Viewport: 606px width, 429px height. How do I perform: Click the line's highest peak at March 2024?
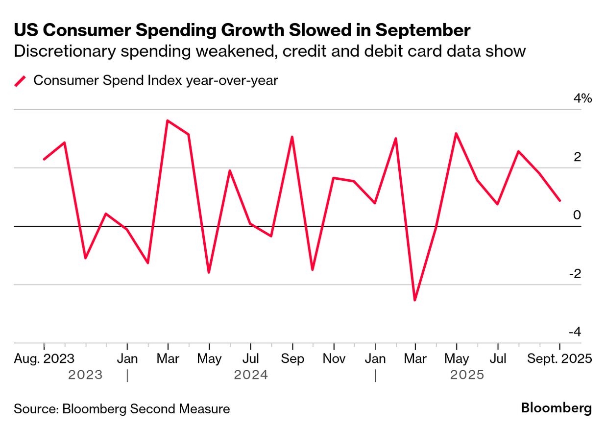(x=168, y=120)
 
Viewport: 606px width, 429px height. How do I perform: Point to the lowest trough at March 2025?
(x=415, y=300)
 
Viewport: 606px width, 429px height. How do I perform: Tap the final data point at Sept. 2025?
(x=559, y=200)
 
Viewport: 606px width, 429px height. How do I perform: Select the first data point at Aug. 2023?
(x=44, y=159)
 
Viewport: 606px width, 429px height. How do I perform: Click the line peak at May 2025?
(x=456, y=133)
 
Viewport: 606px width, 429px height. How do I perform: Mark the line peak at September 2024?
(x=292, y=137)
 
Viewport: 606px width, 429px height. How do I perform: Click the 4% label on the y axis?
(x=582, y=98)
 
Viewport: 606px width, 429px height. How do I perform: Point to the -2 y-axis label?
(x=575, y=274)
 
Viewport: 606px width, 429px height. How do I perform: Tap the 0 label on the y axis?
(x=577, y=215)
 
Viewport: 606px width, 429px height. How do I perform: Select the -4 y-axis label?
(x=575, y=332)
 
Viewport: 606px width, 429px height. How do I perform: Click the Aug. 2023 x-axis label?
(x=45, y=358)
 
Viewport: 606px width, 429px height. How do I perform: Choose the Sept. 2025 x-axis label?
(x=559, y=358)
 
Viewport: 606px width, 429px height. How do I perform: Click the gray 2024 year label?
(x=251, y=375)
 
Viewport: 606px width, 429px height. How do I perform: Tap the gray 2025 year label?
(x=467, y=375)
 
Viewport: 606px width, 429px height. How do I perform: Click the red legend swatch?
(x=20, y=81)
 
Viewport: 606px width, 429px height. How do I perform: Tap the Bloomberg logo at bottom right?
(x=556, y=408)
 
